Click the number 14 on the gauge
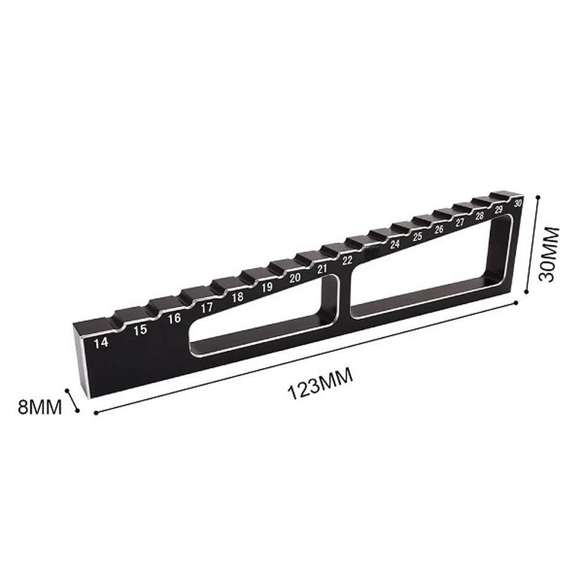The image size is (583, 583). (101, 342)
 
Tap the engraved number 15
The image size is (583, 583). (140, 330)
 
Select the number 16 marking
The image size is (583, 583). (174, 318)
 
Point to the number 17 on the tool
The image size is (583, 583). (207, 307)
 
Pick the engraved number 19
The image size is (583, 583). (267, 287)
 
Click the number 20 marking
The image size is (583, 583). (295, 277)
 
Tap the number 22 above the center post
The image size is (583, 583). (347, 260)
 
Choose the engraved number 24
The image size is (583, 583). (395, 244)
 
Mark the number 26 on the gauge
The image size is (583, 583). (439, 229)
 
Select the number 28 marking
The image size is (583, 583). (480, 215)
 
